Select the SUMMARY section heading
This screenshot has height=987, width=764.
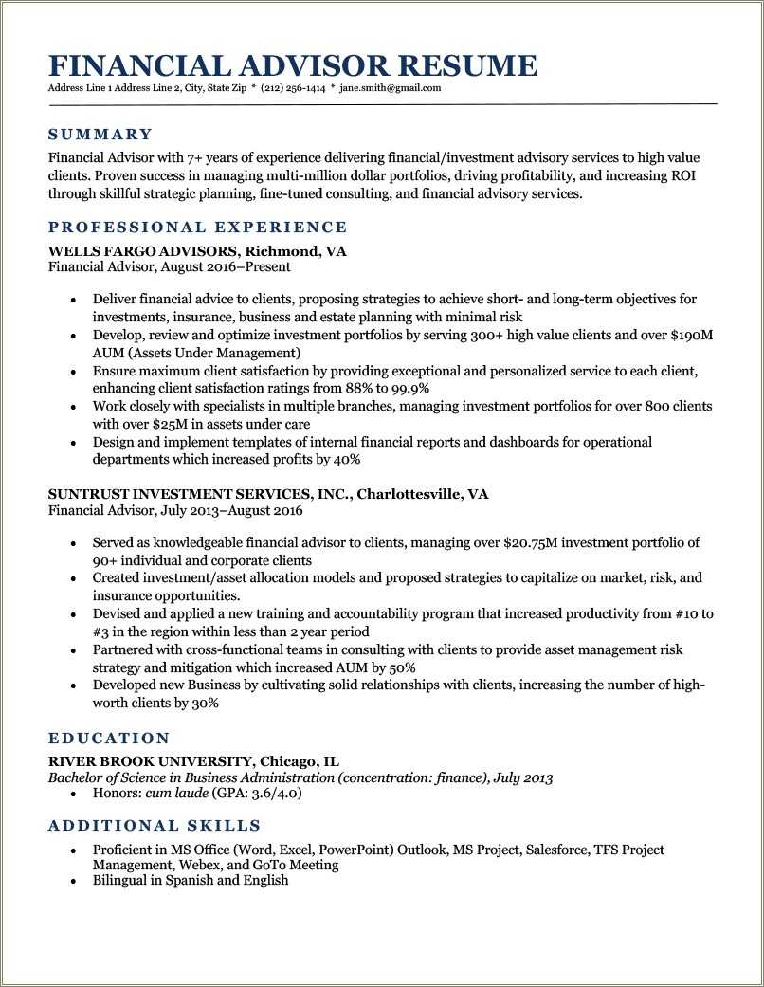(100, 135)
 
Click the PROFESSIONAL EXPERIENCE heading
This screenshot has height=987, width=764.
(197, 228)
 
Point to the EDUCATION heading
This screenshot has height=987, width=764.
(109, 739)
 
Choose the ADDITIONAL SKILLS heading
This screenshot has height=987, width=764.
(155, 826)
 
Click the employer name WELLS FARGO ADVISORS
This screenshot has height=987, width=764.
(143, 252)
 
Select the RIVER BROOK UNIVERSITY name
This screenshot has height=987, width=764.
(150, 761)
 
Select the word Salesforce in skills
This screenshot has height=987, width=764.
(556, 850)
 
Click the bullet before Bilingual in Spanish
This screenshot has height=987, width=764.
(73, 881)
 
